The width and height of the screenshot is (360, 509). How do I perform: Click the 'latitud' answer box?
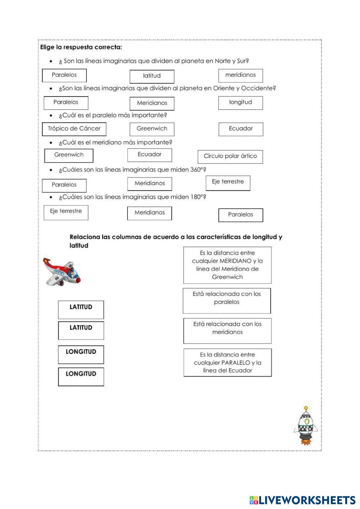[152, 76]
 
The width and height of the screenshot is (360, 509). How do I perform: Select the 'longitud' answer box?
[240, 103]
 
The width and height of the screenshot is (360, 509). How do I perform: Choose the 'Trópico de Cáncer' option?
[74, 129]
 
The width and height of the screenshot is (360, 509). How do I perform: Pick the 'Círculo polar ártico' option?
[230, 157]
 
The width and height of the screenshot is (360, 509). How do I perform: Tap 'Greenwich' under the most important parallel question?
[152, 129]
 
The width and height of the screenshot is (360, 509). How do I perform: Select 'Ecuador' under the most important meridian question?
[149, 155]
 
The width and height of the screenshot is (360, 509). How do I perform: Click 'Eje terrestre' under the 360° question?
[228, 183]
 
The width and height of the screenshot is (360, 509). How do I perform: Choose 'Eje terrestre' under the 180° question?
[66, 212]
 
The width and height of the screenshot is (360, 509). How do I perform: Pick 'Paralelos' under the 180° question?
[240, 215]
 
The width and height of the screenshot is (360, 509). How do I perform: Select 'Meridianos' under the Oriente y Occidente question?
[152, 103]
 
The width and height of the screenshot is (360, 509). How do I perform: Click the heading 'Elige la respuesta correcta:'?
[81, 47]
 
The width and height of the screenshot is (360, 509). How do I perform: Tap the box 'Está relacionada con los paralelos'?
[227, 300]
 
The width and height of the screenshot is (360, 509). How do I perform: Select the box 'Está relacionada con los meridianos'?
[228, 330]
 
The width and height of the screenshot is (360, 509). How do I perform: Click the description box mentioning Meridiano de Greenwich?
[227, 265]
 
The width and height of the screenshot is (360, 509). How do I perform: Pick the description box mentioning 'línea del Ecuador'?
[228, 362]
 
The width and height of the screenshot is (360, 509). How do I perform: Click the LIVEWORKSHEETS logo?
[302, 500]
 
